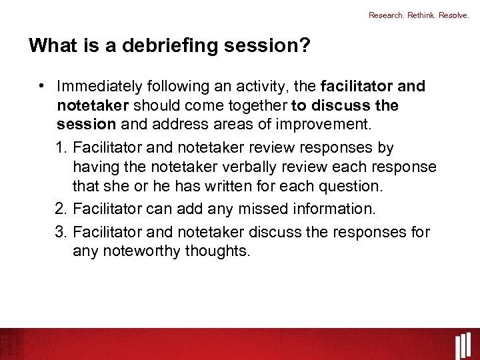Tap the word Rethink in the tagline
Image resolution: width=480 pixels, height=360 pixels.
421,15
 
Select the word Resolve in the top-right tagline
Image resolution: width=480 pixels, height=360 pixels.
455,15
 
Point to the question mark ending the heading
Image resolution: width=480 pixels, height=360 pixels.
304,46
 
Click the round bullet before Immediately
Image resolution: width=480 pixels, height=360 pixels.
41,86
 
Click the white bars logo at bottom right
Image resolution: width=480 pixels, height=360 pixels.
464,345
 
